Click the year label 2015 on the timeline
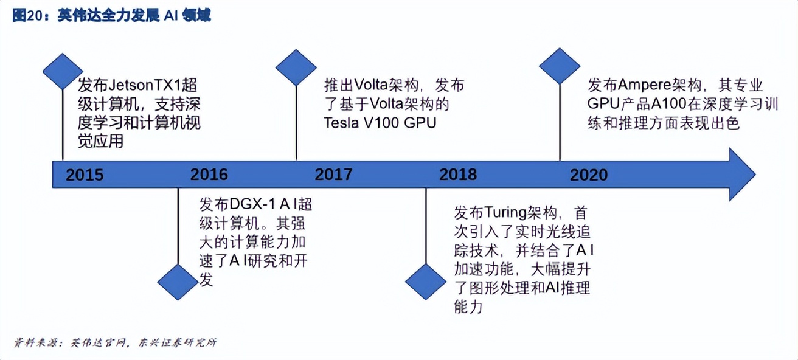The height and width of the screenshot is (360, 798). pyautogui.click(x=85, y=175)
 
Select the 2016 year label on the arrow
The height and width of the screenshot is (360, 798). pyautogui.click(x=209, y=175)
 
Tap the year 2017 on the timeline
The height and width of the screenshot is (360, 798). pyautogui.click(x=333, y=175)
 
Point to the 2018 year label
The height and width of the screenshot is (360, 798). pyautogui.click(x=458, y=175)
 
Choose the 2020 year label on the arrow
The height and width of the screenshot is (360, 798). pyautogui.click(x=589, y=175)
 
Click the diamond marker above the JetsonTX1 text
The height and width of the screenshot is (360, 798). pyautogui.click(x=63, y=71)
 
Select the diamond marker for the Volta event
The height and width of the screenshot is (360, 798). pyautogui.click(x=296, y=67)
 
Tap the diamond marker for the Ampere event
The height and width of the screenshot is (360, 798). pyautogui.click(x=560, y=66)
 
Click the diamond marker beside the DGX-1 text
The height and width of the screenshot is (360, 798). pyautogui.click(x=178, y=282)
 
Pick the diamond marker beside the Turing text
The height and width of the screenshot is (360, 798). pyautogui.click(x=426, y=282)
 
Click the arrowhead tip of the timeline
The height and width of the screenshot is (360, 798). pyautogui.click(x=755, y=175)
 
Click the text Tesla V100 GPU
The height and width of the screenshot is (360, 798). pyautogui.click(x=380, y=123)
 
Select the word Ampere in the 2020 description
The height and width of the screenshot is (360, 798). pyautogui.click(x=645, y=86)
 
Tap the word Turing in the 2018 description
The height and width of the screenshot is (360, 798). pyautogui.click(x=505, y=213)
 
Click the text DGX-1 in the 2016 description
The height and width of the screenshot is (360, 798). pyautogui.click(x=252, y=204)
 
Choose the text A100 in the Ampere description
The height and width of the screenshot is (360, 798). pyautogui.click(x=669, y=104)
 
